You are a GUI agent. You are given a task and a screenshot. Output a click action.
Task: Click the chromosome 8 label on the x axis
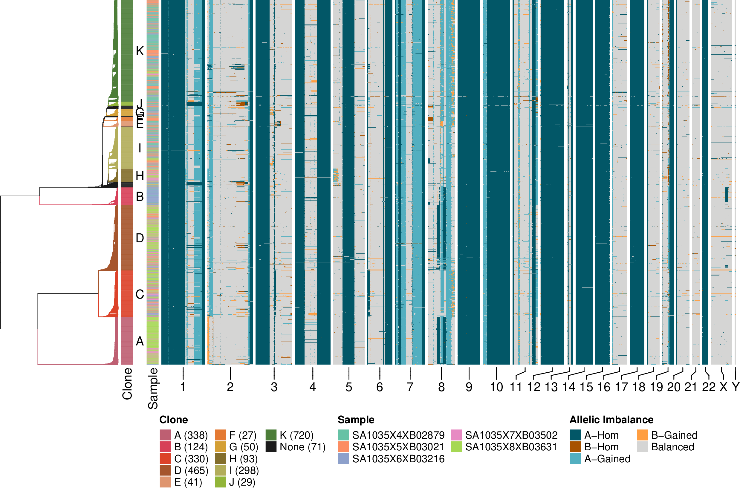[441, 387]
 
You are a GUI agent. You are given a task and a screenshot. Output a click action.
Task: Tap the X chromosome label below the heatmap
[724, 387]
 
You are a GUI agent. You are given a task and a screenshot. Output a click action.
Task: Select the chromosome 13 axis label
[551, 387]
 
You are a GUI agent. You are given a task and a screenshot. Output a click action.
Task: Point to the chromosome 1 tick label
[183, 387]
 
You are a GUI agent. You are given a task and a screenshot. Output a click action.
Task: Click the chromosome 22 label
[709, 387]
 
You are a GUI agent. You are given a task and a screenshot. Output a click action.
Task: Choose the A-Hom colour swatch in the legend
[575, 435]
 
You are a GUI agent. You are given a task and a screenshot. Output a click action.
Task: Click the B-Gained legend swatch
[642, 435]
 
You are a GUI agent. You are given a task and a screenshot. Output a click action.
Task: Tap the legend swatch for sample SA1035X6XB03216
[343, 459]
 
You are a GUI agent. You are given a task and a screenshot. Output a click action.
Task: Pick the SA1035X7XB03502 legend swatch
[456, 435]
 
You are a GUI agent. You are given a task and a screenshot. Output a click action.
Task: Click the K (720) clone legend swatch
[271, 435]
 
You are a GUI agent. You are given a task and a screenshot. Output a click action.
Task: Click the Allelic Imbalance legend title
[611, 420]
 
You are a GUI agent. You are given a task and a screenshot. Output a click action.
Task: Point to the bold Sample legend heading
[356, 420]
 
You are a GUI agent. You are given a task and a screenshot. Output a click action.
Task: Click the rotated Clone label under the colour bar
[127, 384]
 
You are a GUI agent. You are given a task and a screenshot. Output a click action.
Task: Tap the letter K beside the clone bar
[140, 51]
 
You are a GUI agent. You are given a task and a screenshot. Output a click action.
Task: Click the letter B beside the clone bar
[140, 197]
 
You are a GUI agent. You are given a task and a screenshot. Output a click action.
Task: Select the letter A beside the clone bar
[140, 341]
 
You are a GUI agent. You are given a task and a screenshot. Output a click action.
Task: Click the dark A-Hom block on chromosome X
[727, 194]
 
